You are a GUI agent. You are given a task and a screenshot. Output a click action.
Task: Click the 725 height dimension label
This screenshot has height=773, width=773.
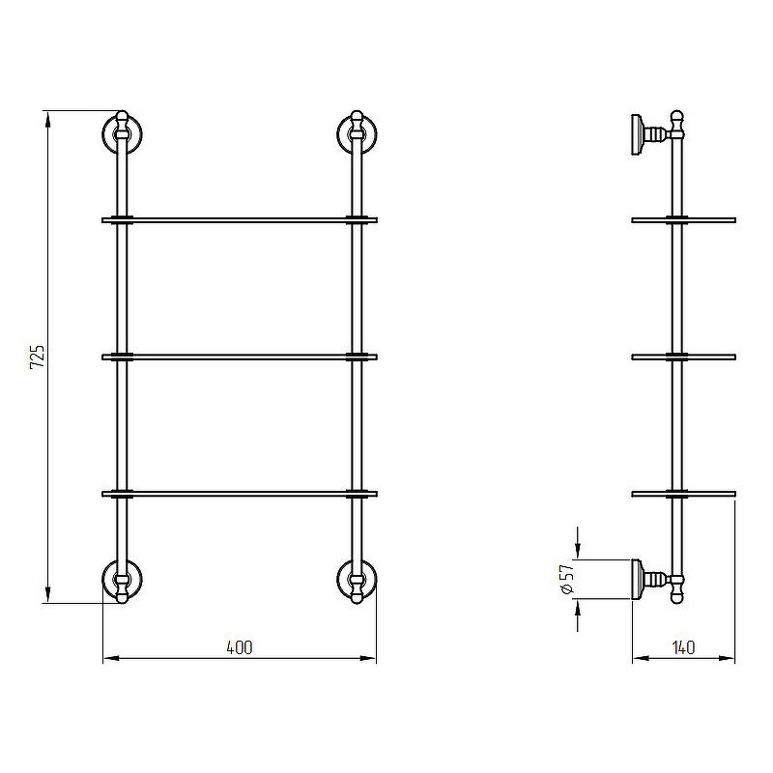(x=38, y=357)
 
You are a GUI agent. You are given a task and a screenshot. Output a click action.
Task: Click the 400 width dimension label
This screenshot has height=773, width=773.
(x=240, y=647)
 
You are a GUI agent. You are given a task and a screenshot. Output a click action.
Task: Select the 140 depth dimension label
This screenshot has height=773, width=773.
(x=683, y=647)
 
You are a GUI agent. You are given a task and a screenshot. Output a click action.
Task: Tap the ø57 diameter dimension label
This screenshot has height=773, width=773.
(x=568, y=579)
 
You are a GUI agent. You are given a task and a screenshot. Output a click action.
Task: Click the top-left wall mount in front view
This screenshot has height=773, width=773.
(x=122, y=134)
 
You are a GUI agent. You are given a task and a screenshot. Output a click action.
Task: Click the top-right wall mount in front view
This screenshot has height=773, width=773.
(x=357, y=134)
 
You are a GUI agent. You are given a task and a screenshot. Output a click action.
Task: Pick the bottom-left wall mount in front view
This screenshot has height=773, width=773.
(x=122, y=581)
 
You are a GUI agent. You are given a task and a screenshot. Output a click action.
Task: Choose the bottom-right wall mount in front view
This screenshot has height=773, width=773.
(x=357, y=581)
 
